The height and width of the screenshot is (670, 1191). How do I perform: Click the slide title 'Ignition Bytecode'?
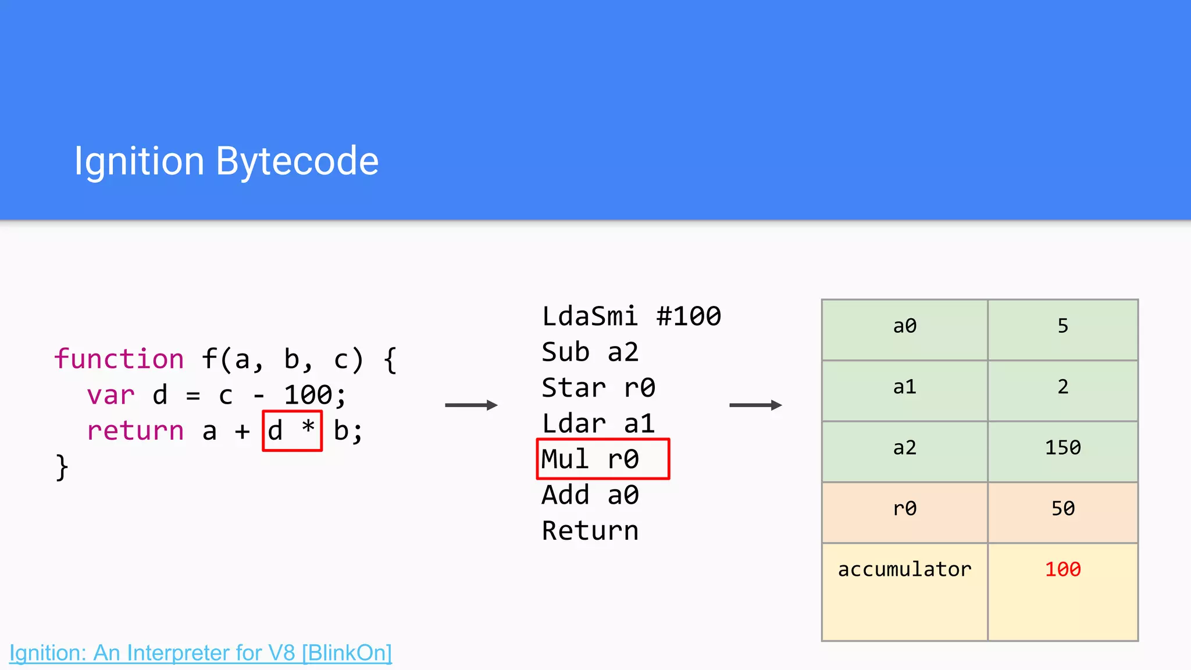[226, 161]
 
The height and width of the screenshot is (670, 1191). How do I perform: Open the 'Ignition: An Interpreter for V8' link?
[201, 653]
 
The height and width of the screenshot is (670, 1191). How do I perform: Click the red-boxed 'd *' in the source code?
[292, 431]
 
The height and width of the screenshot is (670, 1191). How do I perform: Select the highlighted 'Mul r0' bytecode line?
[602, 459]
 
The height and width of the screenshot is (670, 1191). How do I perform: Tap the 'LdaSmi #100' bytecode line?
[631, 316]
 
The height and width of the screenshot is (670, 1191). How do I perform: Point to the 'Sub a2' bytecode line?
[590, 352]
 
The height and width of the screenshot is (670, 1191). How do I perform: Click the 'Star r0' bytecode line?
[598, 388]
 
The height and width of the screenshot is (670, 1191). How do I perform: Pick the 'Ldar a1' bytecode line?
[598, 423]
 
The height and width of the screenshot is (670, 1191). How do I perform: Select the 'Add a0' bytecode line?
[590, 495]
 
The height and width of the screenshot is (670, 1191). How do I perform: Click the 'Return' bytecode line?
[590, 530]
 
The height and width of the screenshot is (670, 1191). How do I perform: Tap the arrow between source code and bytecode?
[471, 405]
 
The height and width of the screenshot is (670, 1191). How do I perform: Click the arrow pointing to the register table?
[755, 405]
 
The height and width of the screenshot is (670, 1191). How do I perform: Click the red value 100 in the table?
[1062, 569]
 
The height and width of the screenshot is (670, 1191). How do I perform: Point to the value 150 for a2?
[1062, 448]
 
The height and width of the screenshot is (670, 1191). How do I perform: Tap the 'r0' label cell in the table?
[904, 509]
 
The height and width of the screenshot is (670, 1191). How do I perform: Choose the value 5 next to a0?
[1062, 326]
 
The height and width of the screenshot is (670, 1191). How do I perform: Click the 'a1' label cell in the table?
[904, 387]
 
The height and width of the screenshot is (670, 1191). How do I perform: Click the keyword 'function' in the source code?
[119, 359]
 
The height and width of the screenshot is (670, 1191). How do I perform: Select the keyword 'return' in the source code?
[135, 431]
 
